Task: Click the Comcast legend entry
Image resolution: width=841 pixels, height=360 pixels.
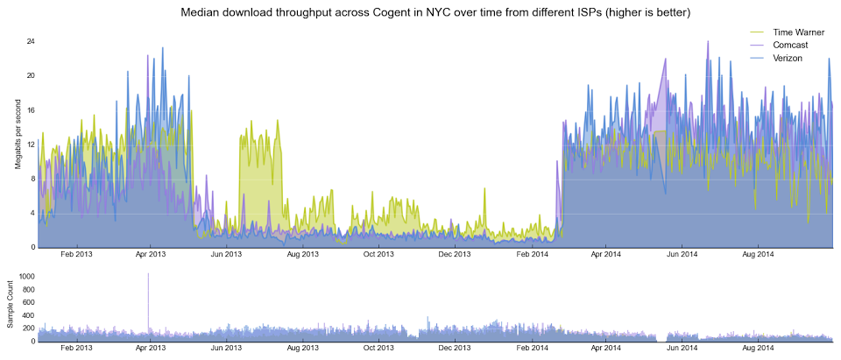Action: coord(790,45)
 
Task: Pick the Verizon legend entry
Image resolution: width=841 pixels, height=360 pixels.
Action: coord(788,57)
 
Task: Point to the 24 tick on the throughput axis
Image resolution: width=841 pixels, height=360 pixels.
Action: coord(31,41)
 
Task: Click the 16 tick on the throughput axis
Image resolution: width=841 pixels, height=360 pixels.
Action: coord(31,110)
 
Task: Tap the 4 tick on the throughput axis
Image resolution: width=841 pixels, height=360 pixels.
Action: coord(32,213)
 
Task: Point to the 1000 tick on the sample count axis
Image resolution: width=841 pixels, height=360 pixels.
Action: coord(25,276)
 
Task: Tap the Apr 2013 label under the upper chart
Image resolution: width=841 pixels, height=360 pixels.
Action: coord(151,255)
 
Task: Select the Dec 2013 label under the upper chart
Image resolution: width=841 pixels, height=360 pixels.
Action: coord(455,255)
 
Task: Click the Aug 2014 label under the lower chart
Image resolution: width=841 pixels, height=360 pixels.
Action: coord(759,349)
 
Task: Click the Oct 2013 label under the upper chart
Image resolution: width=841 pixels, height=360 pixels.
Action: coord(378,255)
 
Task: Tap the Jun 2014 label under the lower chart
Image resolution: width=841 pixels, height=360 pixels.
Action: coord(682,349)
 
